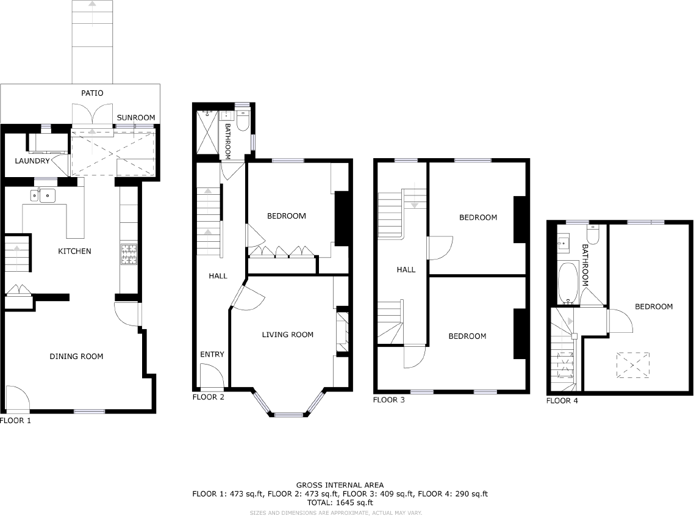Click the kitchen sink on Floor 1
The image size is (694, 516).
tap(43, 195)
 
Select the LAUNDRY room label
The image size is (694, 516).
tap(32, 161)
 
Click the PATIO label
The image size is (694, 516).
tap(92, 93)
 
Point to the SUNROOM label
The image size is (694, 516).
tap(135, 118)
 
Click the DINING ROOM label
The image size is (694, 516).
tap(76, 357)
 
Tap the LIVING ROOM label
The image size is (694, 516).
tap(287, 335)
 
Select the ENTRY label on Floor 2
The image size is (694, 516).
tap(212, 354)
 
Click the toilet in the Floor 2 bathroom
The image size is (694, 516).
tap(243, 121)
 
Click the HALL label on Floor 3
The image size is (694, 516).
tap(406, 269)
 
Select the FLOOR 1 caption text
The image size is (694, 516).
tap(15, 421)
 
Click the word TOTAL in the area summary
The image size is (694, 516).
tap(319, 503)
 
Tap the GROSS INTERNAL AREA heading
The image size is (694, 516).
tap(340, 485)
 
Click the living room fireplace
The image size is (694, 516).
tap(342, 332)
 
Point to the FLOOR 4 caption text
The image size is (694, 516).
tap(562, 401)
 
